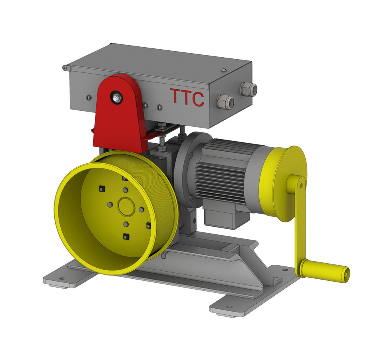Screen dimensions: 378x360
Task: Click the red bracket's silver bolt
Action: coord(116,98)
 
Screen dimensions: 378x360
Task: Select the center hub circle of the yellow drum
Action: coord(126,206)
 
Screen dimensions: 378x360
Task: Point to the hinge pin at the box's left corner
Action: coord(65,68)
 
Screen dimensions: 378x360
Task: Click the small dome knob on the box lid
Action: coord(224,70)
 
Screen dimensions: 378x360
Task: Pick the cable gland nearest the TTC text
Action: coord(225,101)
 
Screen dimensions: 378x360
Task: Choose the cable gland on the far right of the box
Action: coord(249,89)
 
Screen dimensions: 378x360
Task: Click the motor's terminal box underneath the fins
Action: coord(223,216)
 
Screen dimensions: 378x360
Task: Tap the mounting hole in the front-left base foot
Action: coord(62,278)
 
